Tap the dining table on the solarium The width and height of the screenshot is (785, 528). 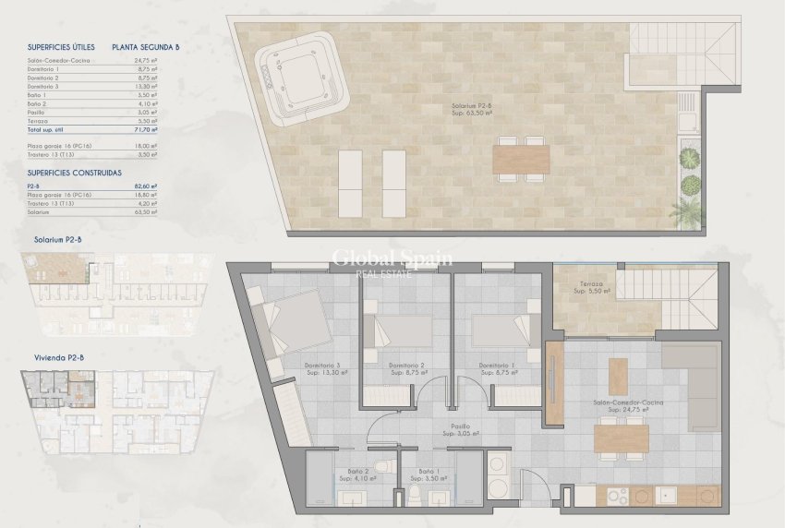(521, 161)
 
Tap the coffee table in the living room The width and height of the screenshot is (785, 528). (617, 373)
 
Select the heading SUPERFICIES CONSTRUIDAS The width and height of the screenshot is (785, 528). (76, 173)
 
